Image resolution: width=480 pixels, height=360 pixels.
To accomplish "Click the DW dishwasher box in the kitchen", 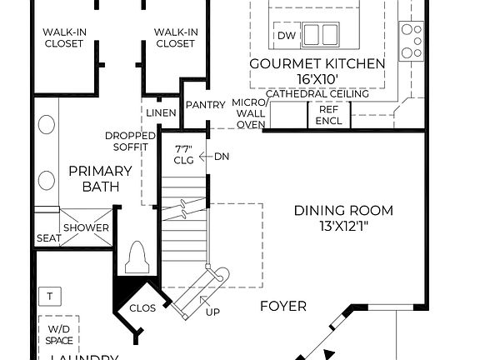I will pos(287,35).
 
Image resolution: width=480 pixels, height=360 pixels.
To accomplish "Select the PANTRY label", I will pos(205,104).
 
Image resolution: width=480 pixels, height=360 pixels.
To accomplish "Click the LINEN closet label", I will pos(161,112).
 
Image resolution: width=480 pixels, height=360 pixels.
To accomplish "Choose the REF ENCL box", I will pos(329,115).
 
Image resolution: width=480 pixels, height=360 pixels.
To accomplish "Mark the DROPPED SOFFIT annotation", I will pos(127,141).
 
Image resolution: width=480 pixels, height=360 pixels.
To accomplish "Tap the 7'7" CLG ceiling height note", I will pos(184,155).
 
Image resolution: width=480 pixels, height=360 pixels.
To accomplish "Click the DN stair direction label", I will pos(222,157).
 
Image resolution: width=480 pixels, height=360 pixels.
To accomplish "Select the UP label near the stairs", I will pos(213,312).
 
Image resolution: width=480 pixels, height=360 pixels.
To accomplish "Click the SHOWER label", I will pos(87,227).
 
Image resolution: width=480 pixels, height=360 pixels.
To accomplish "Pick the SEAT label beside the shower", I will pos(47,238).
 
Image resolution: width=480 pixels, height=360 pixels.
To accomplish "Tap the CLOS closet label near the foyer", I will pos(142,307).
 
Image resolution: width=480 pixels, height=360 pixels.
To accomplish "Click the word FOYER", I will pos(283,306).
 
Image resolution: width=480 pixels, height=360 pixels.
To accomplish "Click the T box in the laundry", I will pos(51,296).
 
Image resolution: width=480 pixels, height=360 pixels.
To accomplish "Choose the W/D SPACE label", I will pos(59,334).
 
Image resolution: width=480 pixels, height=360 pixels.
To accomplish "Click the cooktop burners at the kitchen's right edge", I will pos(412,41).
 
